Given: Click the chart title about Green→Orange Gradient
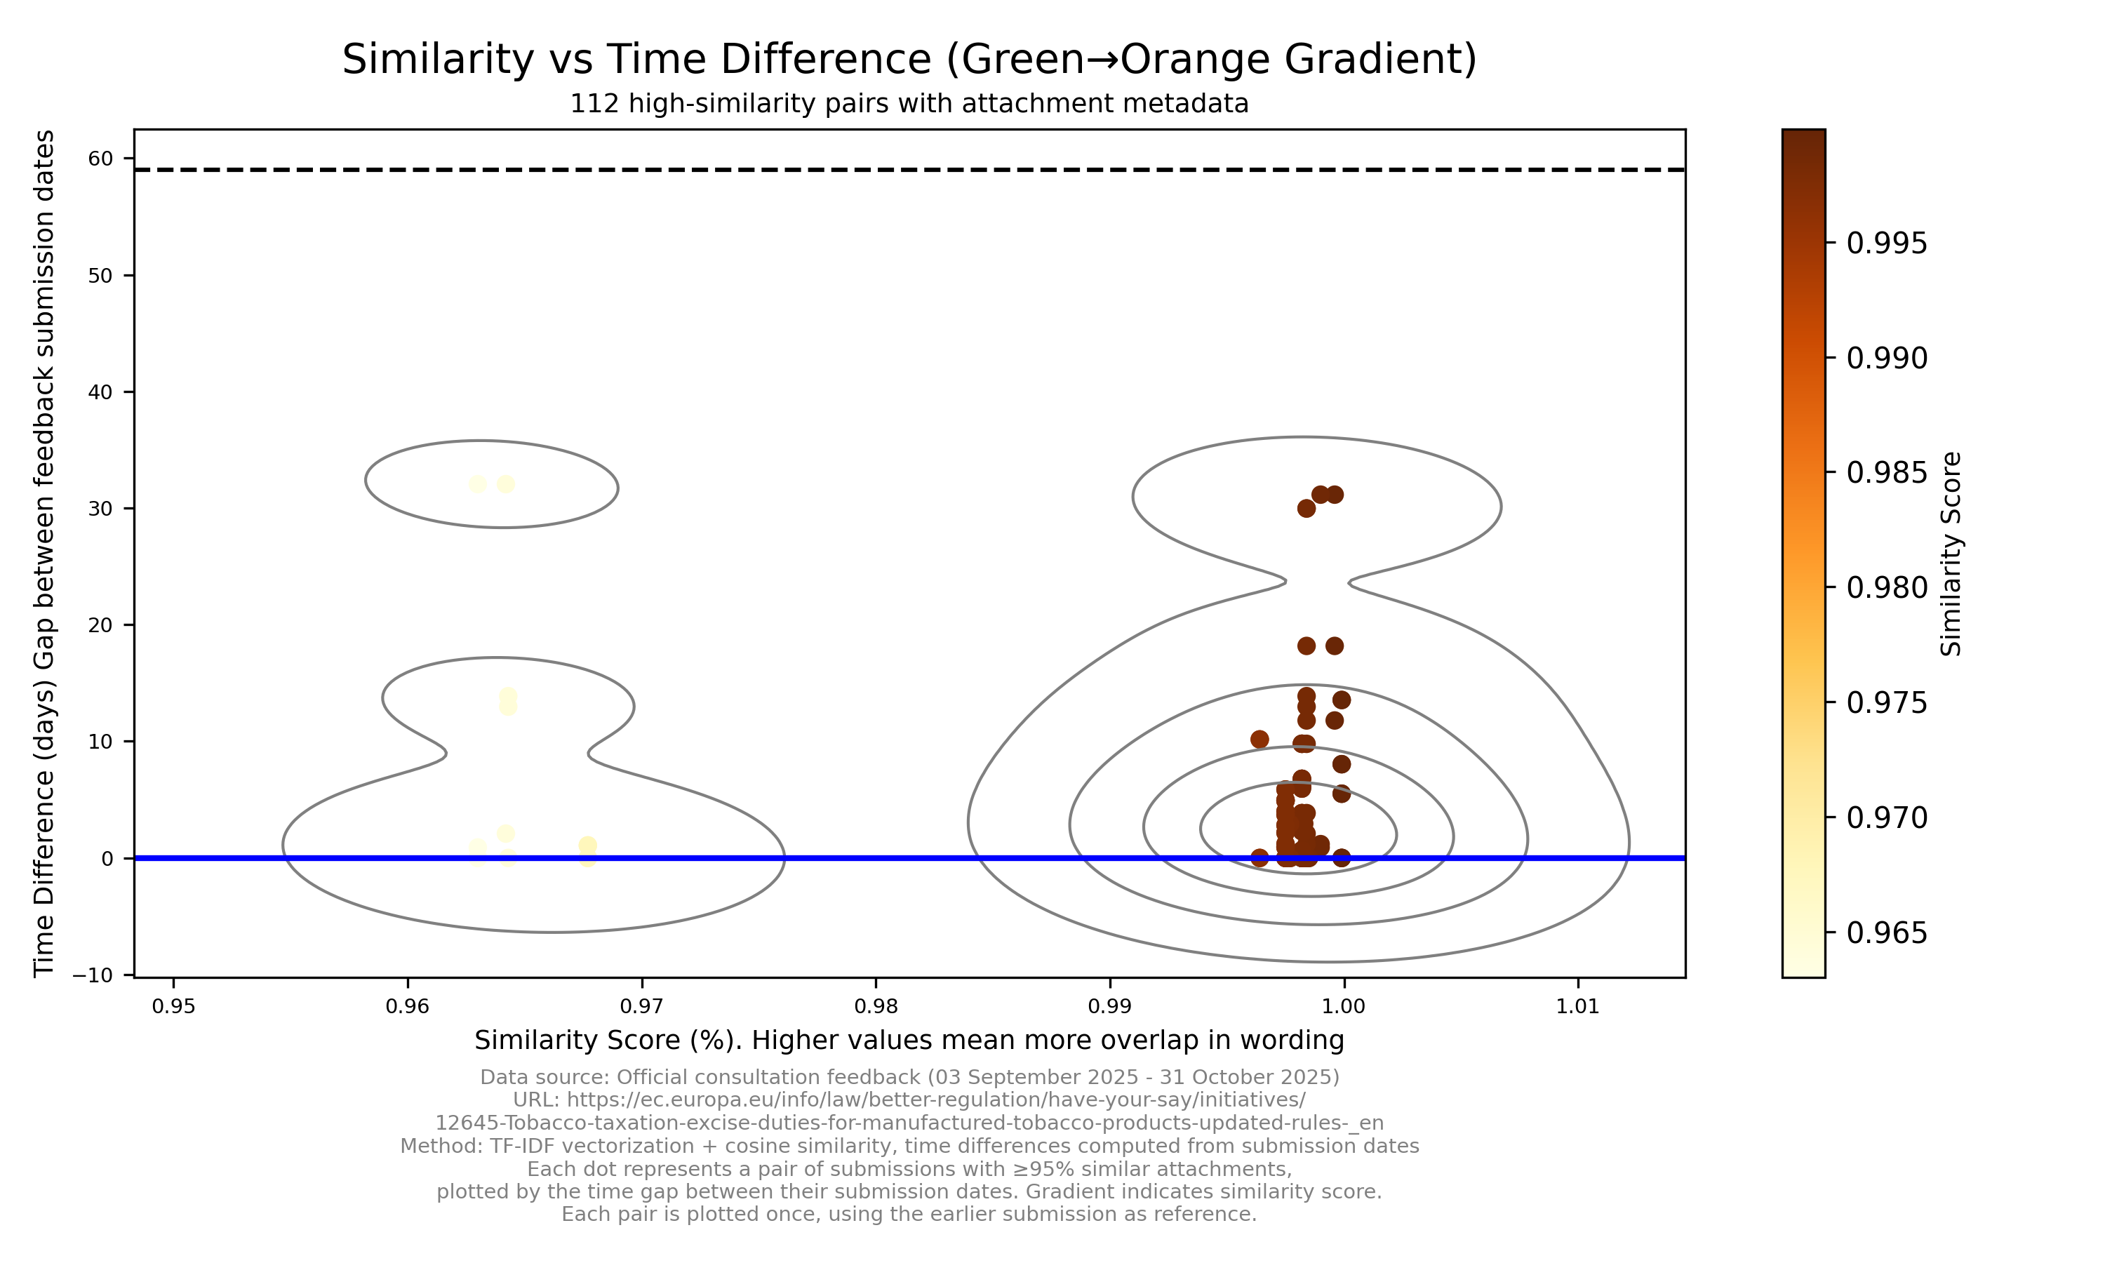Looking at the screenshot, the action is [x=909, y=60].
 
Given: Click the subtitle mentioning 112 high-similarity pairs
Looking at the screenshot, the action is [x=909, y=104].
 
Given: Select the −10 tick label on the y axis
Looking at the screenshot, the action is [x=93, y=975].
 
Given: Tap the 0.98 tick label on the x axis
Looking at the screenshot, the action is [x=876, y=1007].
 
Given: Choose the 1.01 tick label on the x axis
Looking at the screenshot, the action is [x=1577, y=1007].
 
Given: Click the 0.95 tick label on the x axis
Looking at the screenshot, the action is [x=173, y=1007].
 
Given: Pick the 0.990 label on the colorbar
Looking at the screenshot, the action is [x=1886, y=359].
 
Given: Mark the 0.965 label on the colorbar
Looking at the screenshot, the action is [x=1886, y=933].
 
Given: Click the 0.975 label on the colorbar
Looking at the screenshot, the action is [x=1886, y=703].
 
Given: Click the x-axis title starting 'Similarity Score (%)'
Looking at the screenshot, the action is [x=909, y=1041].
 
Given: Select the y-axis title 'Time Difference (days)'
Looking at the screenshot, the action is [x=44, y=553].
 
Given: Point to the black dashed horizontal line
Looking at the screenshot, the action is [x=909, y=171].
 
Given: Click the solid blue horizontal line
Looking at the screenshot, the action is [x=909, y=858].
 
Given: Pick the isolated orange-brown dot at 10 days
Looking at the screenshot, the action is [x=1259, y=740].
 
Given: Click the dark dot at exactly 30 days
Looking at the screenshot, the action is [x=1306, y=509].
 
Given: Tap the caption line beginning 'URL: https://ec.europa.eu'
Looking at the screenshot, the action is [x=909, y=1100].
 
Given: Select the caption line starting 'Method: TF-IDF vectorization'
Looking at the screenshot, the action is [x=909, y=1147].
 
